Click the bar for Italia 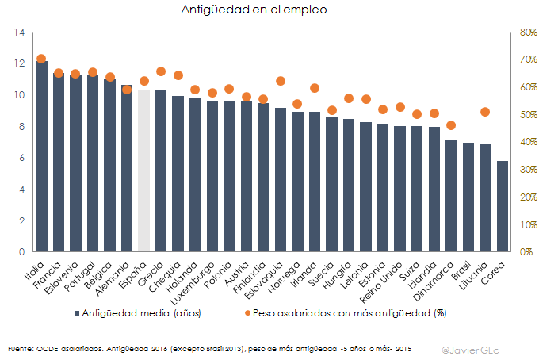pyautogui.click(x=41, y=156)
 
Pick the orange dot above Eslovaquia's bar pyautogui.click(x=281, y=81)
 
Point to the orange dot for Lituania pyautogui.click(x=485, y=112)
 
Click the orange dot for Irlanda pyautogui.click(x=315, y=88)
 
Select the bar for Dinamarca pyautogui.click(x=451, y=195)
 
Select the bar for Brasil pyautogui.click(x=468, y=197)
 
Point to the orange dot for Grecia pyautogui.click(x=161, y=71)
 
